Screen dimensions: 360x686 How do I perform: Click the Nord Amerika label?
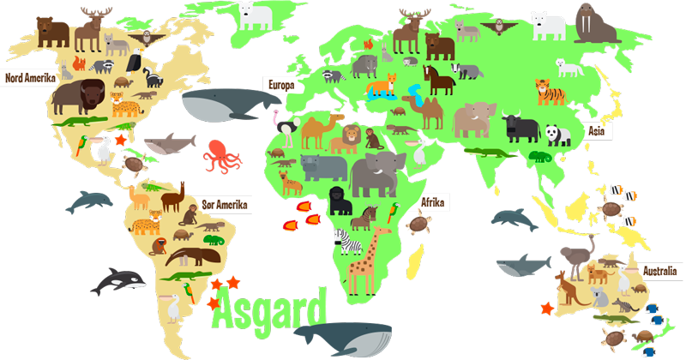click(29, 78)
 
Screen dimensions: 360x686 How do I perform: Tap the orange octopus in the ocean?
click(222, 156)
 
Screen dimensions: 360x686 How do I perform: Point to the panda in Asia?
click(558, 135)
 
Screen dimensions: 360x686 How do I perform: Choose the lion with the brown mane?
click(351, 137)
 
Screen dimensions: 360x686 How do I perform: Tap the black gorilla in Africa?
click(340, 201)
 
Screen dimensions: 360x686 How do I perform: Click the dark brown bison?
click(76, 97)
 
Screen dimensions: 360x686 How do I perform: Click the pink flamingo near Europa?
click(275, 120)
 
